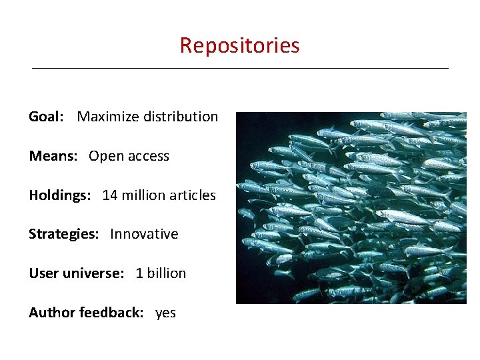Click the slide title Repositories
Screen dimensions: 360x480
point(239,45)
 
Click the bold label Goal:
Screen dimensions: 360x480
point(46,117)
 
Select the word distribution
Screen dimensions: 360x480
point(179,117)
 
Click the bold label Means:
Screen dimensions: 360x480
point(53,156)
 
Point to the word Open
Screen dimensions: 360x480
point(104,157)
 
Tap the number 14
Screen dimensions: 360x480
point(110,195)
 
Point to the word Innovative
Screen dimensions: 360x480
point(144,234)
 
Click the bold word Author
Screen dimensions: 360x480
point(52,313)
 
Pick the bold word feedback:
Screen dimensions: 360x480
point(111,313)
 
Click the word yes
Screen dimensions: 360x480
point(165,313)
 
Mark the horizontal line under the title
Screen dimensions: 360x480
point(240,68)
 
